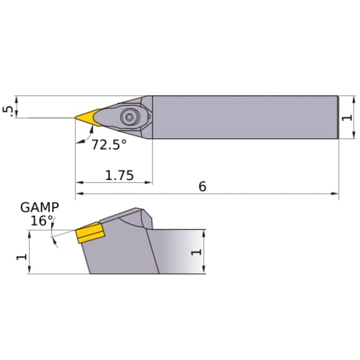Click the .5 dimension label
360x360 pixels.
pyautogui.click(x=7, y=109)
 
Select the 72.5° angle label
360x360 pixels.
pyautogui.click(x=109, y=144)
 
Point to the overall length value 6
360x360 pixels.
pyautogui.click(x=202, y=186)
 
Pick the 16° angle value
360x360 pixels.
pyautogui.click(x=41, y=221)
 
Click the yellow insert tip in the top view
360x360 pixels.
pyautogui.click(x=89, y=116)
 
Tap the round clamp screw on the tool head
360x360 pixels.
pyautogui.click(x=130, y=115)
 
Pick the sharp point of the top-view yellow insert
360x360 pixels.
pyautogui.click(x=75, y=117)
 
